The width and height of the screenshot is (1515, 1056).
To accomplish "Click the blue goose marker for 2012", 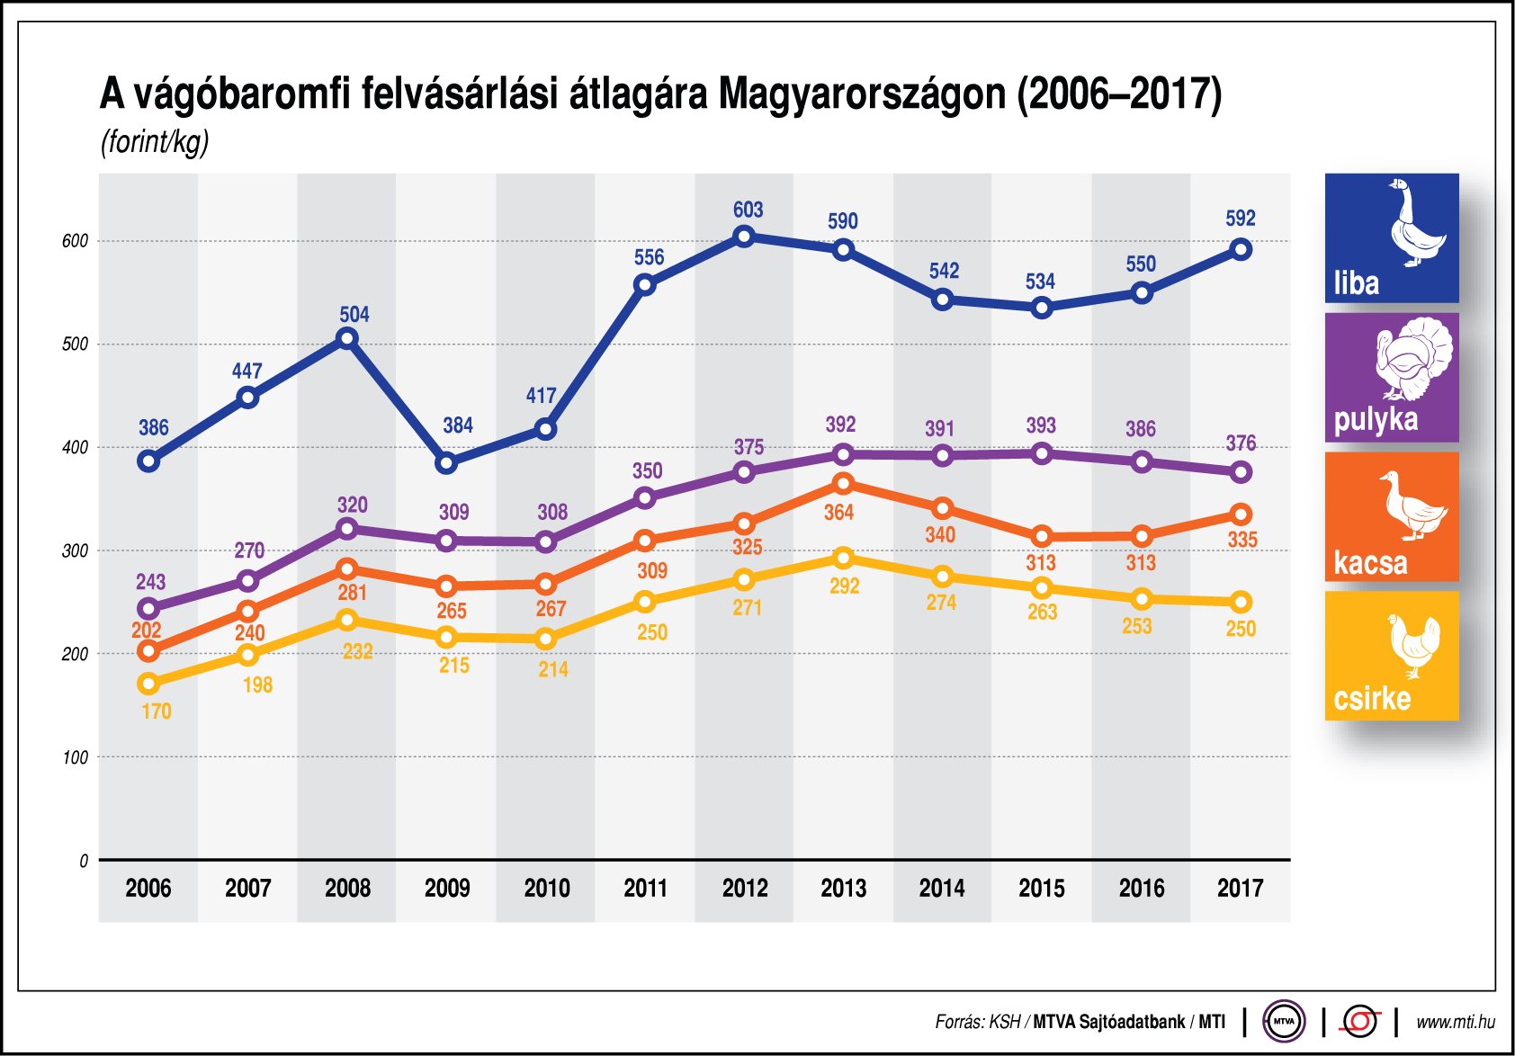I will click(x=744, y=237).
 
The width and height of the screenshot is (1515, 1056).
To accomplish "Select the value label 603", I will click(x=748, y=210).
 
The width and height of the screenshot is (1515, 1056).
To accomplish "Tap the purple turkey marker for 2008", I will click(x=347, y=529).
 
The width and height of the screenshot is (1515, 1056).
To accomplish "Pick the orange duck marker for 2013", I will click(x=843, y=484).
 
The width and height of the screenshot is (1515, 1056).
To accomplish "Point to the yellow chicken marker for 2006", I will click(x=148, y=684).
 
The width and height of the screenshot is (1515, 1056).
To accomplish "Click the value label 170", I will click(x=156, y=711).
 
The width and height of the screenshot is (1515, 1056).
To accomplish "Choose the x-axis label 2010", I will click(x=546, y=889).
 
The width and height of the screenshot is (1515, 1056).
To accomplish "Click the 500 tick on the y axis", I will click(x=75, y=345).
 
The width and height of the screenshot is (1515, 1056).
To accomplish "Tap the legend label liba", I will click(x=1356, y=283).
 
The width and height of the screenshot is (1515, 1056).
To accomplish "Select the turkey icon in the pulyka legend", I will click(x=1413, y=358).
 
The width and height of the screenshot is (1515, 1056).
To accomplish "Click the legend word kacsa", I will click(x=1370, y=563).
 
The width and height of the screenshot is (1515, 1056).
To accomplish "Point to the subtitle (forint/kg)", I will click(x=155, y=142).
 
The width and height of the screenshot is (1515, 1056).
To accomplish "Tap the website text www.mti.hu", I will click(x=1455, y=1022).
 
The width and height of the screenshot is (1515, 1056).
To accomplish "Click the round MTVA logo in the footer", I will click(x=1284, y=1021).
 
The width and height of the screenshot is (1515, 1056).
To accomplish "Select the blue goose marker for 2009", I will click(x=446, y=463).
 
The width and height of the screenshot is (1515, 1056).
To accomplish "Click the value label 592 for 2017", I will click(x=1240, y=219).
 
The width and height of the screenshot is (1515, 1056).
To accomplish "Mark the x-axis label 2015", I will click(x=1041, y=889).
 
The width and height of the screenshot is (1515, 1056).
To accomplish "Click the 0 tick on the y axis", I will click(x=84, y=861).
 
